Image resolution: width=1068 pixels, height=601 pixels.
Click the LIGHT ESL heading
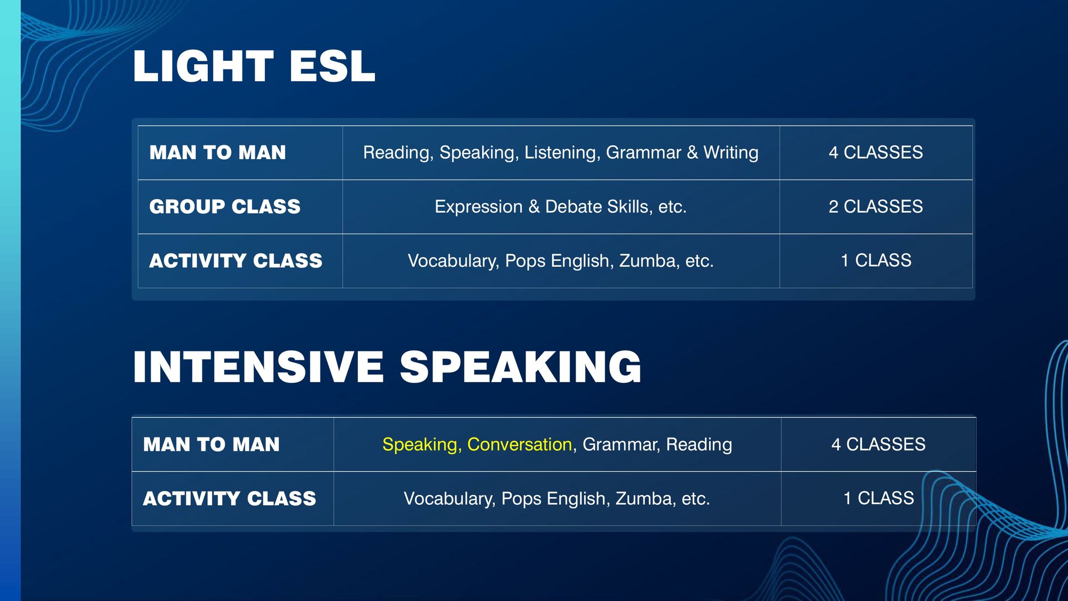[x=254, y=66]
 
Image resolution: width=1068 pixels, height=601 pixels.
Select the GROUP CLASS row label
[x=225, y=207]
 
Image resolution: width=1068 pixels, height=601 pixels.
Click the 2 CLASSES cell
[x=876, y=206]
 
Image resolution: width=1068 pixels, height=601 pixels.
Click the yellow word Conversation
[x=520, y=444]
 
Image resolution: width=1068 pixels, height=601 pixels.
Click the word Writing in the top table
[x=731, y=153]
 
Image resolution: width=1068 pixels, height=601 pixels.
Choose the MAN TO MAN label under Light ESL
[x=218, y=153]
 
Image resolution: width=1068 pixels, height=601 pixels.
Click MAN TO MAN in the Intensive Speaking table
[x=211, y=444]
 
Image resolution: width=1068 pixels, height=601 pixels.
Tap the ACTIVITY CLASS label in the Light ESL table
[x=236, y=261]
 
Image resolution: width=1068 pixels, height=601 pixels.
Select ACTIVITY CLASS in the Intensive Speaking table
[x=230, y=498]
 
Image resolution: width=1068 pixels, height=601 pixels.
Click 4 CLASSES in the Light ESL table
[x=876, y=152]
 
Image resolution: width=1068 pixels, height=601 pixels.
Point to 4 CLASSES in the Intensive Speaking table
[x=878, y=444]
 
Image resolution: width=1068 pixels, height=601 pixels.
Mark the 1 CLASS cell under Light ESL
[x=876, y=260]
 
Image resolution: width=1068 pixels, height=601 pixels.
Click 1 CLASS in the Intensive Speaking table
[x=879, y=498]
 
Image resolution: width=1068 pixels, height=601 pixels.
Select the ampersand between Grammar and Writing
[x=693, y=153]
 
